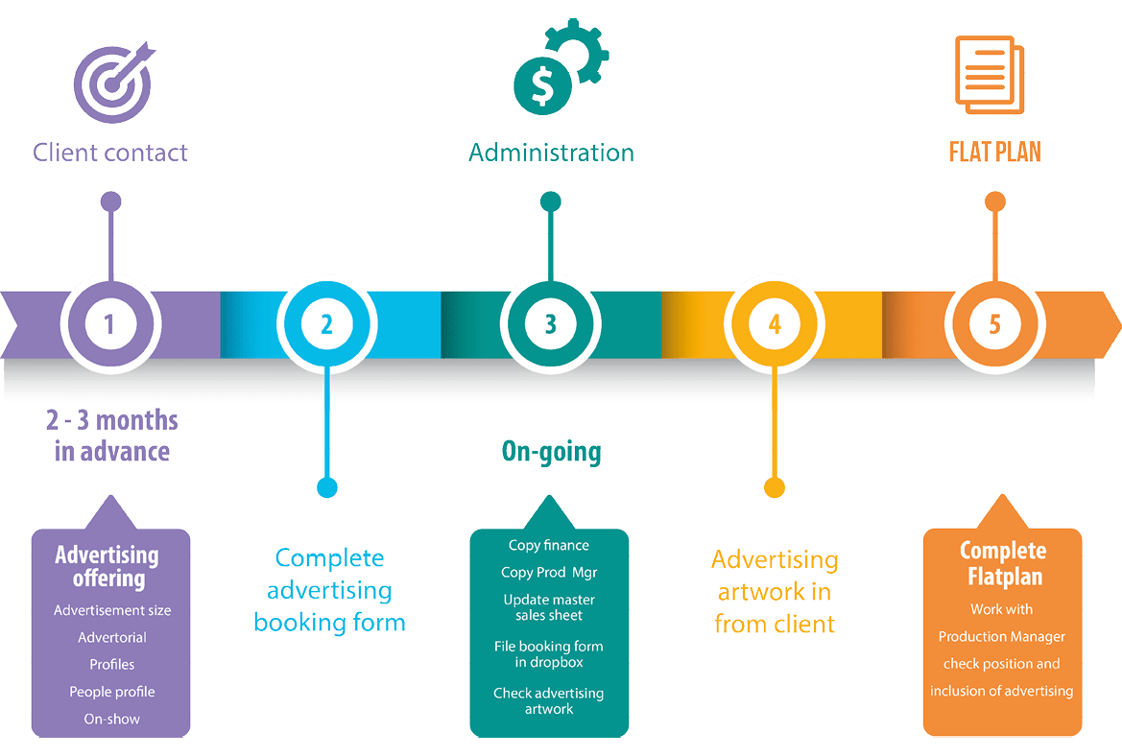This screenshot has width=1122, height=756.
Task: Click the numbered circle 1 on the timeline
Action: (x=109, y=323)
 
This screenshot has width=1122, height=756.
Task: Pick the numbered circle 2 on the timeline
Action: (x=326, y=323)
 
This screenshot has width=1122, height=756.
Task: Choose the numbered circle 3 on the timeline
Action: (x=550, y=323)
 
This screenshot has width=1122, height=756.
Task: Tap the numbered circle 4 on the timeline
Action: (x=775, y=323)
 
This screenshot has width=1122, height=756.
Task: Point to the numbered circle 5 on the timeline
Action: (x=994, y=323)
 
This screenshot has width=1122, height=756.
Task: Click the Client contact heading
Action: (x=110, y=153)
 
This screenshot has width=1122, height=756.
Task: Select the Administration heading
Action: (x=551, y=153)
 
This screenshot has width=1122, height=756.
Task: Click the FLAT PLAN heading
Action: (x=994, y=153)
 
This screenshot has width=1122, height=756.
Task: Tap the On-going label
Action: (x=551, y=451)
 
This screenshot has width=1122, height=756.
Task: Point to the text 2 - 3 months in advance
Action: (x=111, y=436)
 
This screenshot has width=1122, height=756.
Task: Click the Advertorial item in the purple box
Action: (x=112, y=637)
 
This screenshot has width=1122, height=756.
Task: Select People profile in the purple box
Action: (x=112, y=692)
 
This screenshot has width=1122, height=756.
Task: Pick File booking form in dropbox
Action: (x=549, y=654)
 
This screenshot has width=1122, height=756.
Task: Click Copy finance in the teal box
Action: (x=549, y=545)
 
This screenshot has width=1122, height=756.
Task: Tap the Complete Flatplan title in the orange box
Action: (x=1002, y=564)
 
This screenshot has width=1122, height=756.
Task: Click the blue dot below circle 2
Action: (x=327, y=488)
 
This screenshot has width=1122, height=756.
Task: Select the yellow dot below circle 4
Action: (x=774, y=488)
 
